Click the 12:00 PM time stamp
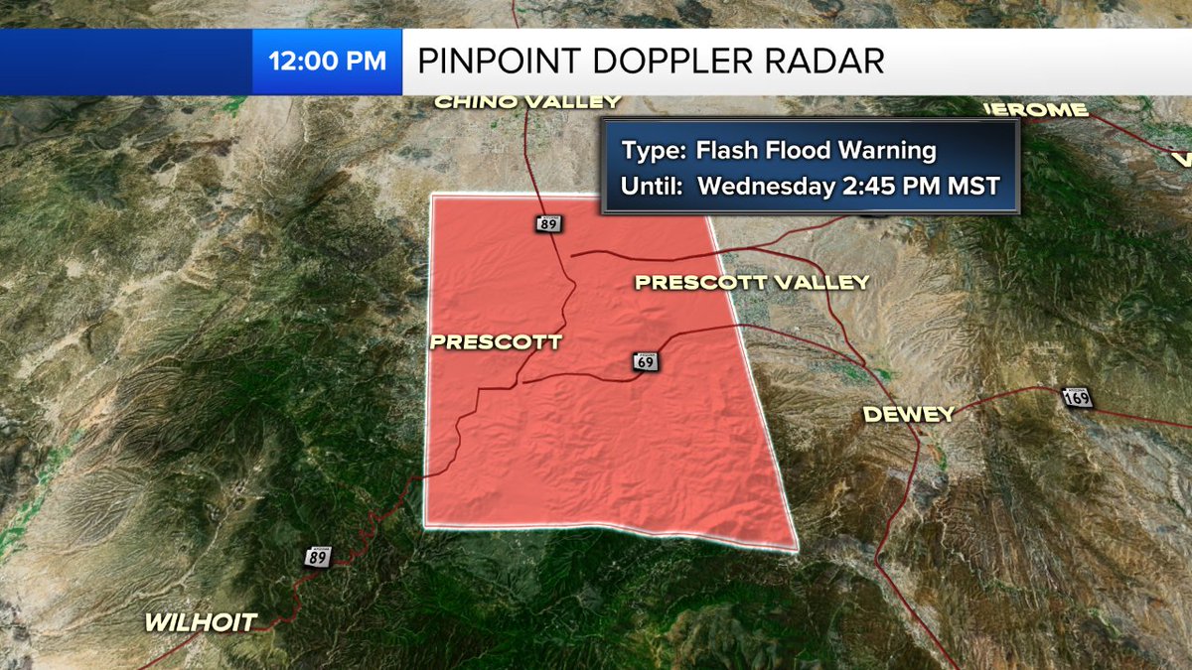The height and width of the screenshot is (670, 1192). click(x=327, y=61)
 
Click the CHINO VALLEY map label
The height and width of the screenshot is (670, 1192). click(x=528, y=101)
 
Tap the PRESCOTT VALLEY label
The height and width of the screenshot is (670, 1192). click(x=752, y=283)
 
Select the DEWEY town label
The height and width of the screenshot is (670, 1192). click(x=908, y=414)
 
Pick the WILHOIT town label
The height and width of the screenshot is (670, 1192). click(x=202, y=623)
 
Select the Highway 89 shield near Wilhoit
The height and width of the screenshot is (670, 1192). click(x=318, y=558)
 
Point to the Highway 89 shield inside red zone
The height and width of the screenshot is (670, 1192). click(x=548, y=223)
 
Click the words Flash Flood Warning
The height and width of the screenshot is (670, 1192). click(x=816, y=151)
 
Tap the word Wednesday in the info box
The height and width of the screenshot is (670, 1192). click(x=760, y=186)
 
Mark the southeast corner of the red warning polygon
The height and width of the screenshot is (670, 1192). click(x=796, y=547)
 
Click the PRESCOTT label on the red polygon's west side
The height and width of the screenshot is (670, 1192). click(x=496, y=342)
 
